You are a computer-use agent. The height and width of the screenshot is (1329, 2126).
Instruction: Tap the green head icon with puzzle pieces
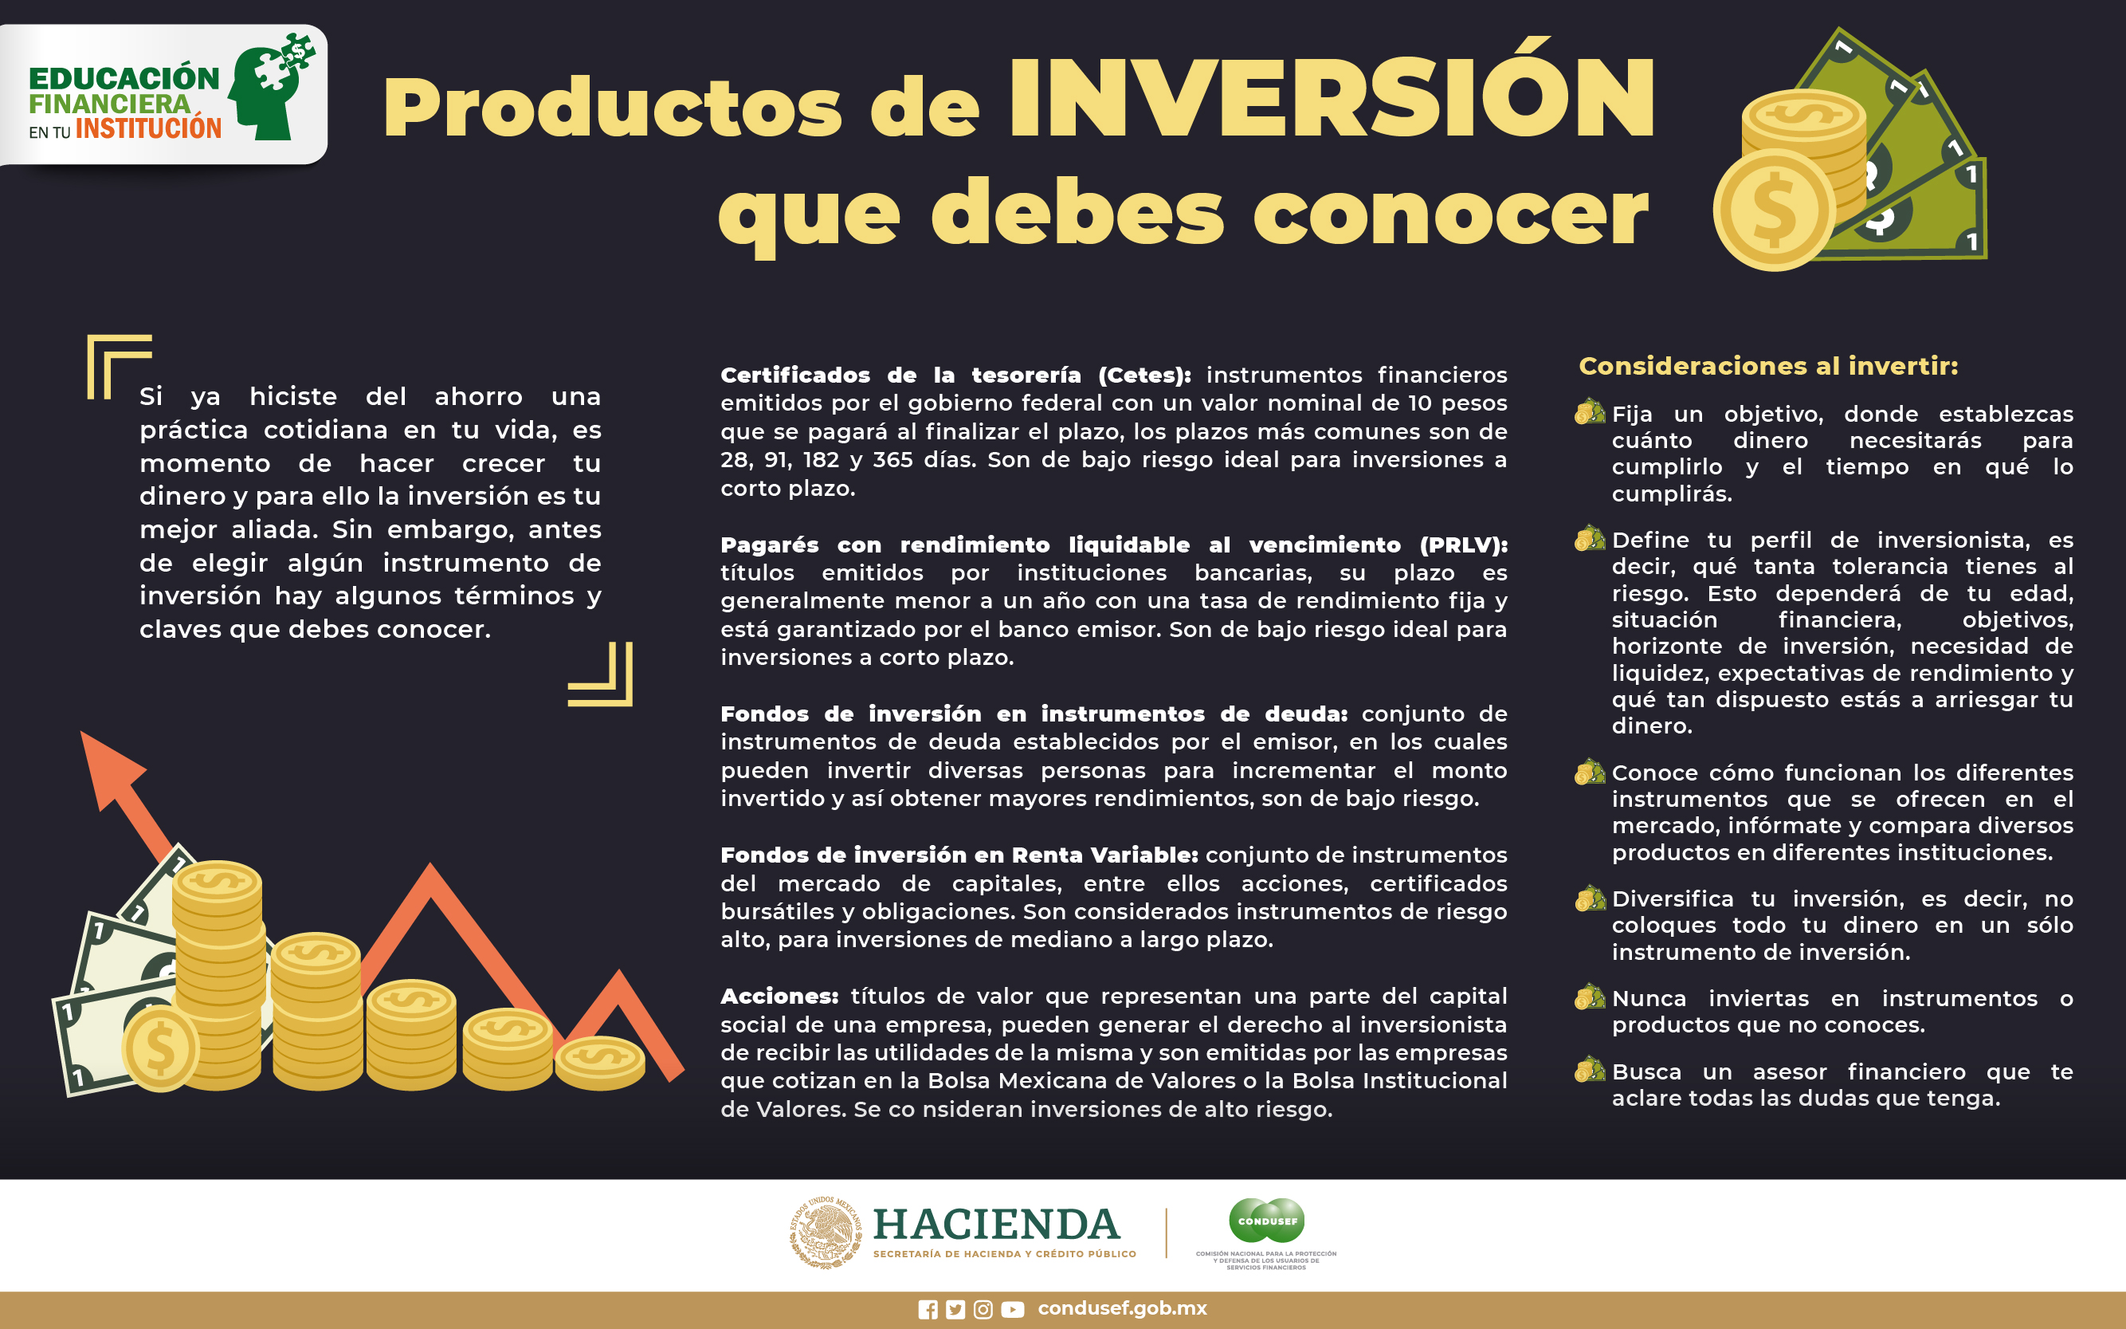[x=272, y=87]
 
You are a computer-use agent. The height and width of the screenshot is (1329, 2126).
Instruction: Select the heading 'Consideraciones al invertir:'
[x=1768, y=366]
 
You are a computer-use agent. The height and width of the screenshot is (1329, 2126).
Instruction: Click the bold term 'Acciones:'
[x=779, y=996]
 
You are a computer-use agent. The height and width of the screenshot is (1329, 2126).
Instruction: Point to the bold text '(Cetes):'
[x=1143, y=376]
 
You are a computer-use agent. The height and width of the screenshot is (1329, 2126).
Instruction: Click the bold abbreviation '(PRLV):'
[x=1464, y=545]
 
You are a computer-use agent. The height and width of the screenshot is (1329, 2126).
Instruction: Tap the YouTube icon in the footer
[x=1012, y=1310]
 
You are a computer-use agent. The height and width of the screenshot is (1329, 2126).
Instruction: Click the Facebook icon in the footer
[x=928, y=1310]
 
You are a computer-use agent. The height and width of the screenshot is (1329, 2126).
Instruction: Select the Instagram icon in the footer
[x=984, y=1310]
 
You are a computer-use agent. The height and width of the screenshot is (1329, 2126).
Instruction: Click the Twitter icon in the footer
[x=955, y=1310]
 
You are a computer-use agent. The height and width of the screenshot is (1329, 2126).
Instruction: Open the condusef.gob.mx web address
[x=1122, y=1309]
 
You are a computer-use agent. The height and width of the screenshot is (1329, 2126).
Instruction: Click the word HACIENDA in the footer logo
[x=996, y=1225]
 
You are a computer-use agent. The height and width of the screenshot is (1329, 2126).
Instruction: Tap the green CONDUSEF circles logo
[x=1267, y=1220]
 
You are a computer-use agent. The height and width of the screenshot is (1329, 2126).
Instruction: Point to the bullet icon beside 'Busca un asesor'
[x=1590, y=1070]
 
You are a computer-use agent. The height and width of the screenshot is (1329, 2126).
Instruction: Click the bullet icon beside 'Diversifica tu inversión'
[x=1590, y=898]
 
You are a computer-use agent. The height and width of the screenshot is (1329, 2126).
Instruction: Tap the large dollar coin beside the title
[x=1775, y=209]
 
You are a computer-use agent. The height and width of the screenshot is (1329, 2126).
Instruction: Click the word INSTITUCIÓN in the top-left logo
[x=148, y=128]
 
